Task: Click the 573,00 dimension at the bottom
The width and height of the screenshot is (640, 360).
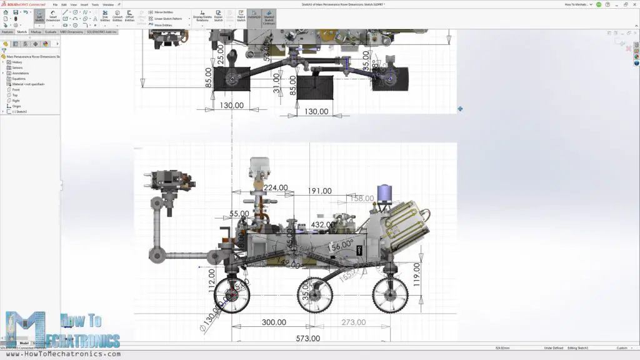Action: pos(308,338)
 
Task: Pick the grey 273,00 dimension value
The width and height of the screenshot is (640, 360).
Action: pos(353,322)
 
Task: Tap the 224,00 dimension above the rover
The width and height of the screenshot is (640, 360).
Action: pos(276,187)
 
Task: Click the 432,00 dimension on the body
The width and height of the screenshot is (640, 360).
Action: pos(324,225)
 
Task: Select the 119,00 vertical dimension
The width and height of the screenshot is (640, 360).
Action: pos(417,276)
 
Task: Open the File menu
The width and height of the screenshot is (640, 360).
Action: pos(55,4)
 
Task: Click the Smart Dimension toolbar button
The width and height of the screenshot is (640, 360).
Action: pos(53,17)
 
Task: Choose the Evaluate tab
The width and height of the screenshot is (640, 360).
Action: pos(51,31)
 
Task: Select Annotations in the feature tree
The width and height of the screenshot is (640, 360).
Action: pos(21,73)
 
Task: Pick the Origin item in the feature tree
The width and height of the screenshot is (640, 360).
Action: pos(17,106)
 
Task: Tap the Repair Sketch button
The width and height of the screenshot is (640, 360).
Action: pos(219,17)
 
